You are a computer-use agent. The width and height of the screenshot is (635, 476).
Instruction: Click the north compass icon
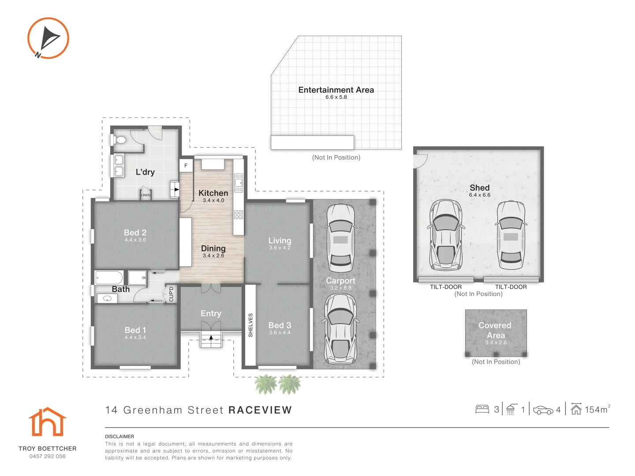coord(48,38)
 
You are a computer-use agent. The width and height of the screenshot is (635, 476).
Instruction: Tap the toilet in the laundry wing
coord(119,140)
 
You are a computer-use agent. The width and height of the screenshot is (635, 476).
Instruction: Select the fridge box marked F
coord(186,166)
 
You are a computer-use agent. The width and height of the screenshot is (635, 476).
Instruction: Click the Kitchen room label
coord(213,193)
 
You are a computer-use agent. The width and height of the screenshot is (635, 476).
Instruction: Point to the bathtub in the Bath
coord(109,278)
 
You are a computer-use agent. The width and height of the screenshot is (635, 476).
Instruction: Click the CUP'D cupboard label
coord(171,294)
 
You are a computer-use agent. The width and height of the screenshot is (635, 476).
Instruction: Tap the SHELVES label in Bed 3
coord(250,325)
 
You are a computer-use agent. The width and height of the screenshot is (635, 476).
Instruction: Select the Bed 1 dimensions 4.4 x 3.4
coord(135,337)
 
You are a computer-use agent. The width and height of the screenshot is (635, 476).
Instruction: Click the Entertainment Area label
coord(336,90)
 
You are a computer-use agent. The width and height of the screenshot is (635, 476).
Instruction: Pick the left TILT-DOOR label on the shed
coord(445,286)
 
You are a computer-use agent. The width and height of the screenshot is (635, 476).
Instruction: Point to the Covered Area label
coord(495,330)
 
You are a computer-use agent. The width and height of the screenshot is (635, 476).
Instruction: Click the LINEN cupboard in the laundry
coord(146,194)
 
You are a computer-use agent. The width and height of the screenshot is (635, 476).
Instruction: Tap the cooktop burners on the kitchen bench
coord(239,215)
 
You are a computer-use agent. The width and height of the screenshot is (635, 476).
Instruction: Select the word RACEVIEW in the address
coord(260,410)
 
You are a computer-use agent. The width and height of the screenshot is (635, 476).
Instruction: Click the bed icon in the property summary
coord(482,409)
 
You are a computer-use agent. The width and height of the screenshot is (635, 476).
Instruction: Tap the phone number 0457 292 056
coord(48,456)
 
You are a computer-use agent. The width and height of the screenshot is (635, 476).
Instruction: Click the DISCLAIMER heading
coord(120,436)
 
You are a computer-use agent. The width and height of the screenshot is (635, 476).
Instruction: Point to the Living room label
coord(280,241)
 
